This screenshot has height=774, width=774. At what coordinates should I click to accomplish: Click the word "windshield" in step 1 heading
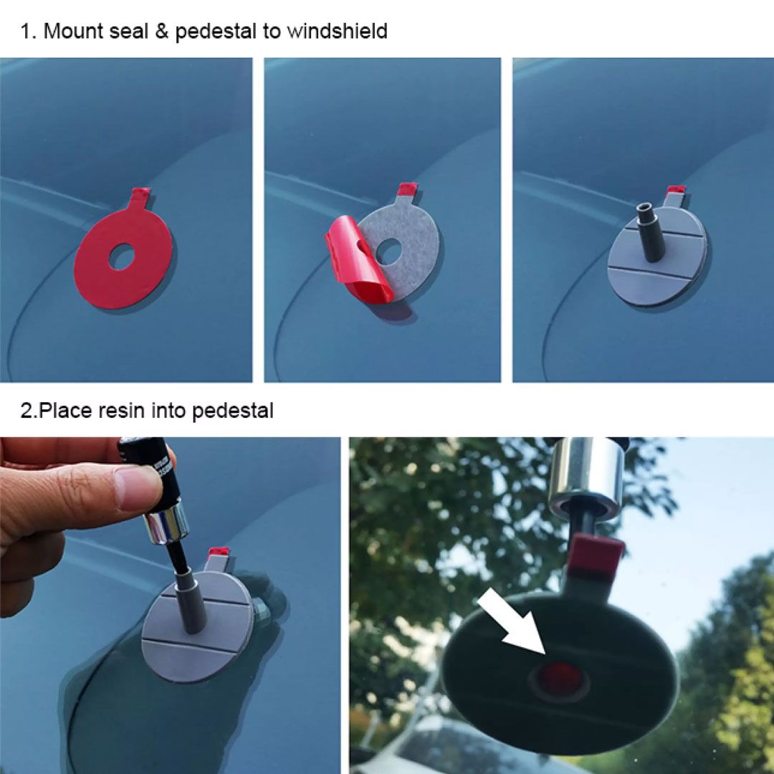(337, 32)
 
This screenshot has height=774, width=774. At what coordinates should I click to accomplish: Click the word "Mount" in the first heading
(70, 32)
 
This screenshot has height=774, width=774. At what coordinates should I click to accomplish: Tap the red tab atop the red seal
(141, 193)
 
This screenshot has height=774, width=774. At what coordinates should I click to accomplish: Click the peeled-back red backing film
(358, 265)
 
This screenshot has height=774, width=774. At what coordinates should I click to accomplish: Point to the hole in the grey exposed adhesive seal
(389, 251)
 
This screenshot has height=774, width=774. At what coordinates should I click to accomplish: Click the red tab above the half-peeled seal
(406, 190)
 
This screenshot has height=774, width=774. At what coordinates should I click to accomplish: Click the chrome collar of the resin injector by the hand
(166, 521)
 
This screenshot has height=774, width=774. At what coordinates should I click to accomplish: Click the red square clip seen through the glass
(595, 555)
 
